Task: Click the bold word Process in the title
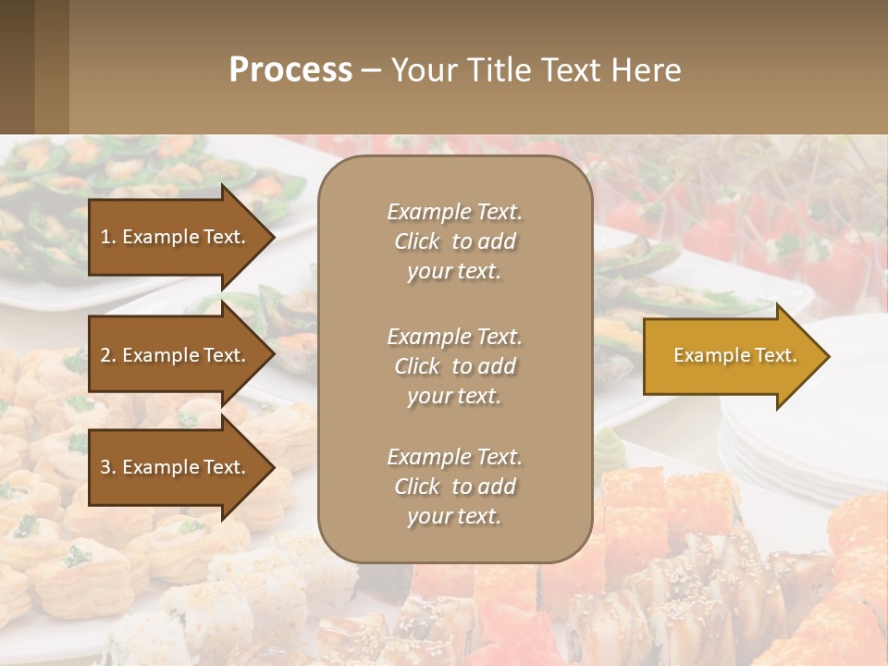(290, 70)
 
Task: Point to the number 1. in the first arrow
(109, 238)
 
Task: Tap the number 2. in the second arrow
(109, 356)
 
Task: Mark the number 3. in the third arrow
(109, 468)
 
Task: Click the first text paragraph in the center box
(454, 241)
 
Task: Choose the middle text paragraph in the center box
(454, 366)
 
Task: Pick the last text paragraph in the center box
(454, 487)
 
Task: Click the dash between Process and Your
(372, 70)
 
